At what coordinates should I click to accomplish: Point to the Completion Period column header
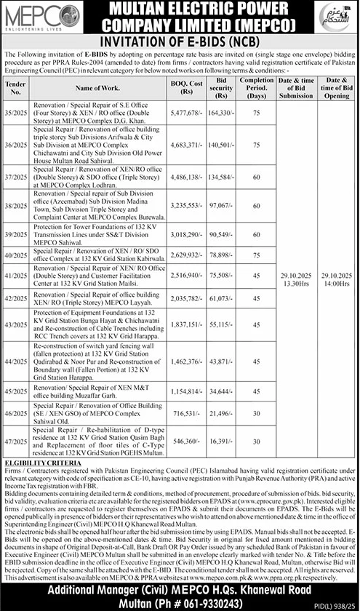[255, 87]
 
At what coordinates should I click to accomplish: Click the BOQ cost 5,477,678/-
[185, 113]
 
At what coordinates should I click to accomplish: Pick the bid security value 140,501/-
[219, 145]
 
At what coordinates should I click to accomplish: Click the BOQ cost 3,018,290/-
[185, 236]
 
